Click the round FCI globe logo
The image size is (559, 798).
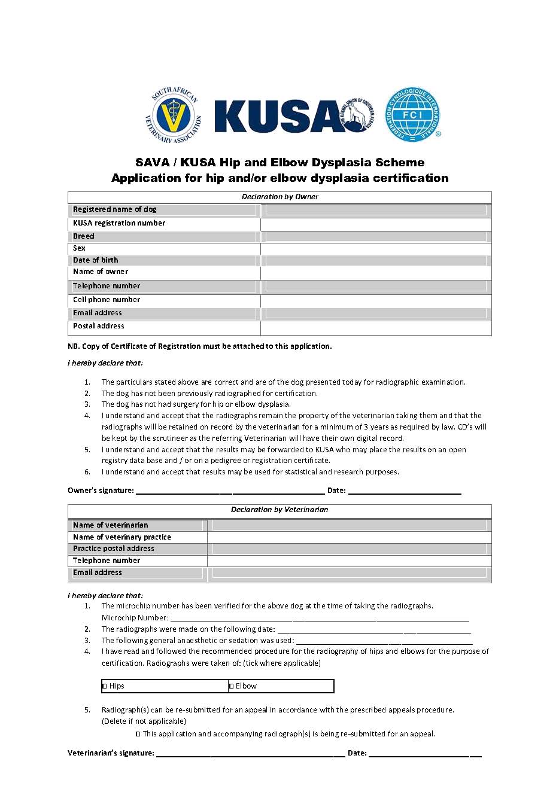click(412, 115)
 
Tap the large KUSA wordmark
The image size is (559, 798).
click(275, 116)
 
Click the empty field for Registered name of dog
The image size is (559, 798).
click(376, 210)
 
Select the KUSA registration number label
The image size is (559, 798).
click(119, 223)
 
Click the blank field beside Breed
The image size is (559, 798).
click(376, 237)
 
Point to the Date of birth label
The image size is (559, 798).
click(96, 260)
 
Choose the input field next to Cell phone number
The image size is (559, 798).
click(376, 300)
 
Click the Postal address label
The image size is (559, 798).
click(99, 326)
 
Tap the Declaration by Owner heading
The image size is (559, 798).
click(279, 197)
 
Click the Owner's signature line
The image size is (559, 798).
click(230, 492)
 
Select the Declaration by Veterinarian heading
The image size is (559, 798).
click(279, 510)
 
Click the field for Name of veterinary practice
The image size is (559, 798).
click(350, 537)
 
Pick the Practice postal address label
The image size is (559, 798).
click(114, 549)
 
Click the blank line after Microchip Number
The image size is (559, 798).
click(320, 619)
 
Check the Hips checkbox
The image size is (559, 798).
click(105, 686)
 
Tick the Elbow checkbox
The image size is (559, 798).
click(232, 686)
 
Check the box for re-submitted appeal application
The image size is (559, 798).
click(138, 734)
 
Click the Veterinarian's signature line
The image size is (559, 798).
click(250, 754)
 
